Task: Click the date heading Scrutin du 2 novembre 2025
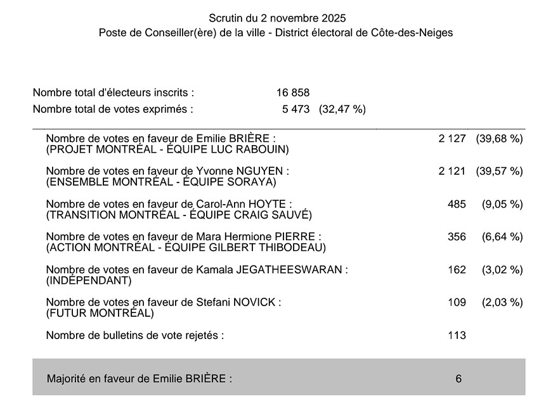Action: (x=277, y=18)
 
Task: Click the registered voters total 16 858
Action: (x=293, y=93)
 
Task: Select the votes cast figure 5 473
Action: (x=296, y=109)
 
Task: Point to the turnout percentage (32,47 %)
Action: (x=342, y=109)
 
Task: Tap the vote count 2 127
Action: (x=452, y=138)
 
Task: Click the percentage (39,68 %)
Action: (x=500, y=138)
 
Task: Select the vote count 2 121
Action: (x=452, y=171)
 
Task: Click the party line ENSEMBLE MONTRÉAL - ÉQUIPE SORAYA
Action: (x=162, y=182)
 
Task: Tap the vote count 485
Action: (x=457, y=204)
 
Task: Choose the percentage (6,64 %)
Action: (x=502, y=237)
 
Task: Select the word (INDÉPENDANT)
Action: (x=89, y=281)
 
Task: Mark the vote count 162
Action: (x=457, y=270)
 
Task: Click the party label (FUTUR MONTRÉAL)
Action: (x=100, y=314)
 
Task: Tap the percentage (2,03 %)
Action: (x=502, y=302)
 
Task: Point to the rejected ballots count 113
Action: (x=457, y=335)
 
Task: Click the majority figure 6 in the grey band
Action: (x=458, y=379)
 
